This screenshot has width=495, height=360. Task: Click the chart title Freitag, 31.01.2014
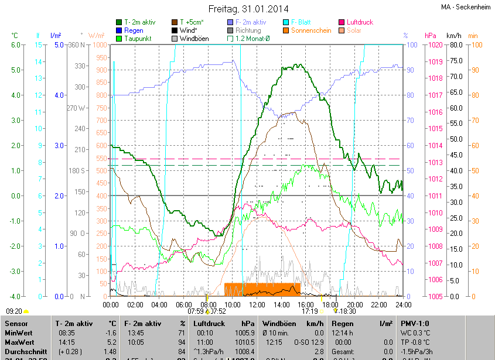pos(248,9)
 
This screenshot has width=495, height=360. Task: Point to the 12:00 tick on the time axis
pos(257,304)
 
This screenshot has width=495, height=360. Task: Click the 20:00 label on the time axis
pos(354,304)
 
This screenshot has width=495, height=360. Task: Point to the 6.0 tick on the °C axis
pos(16,44)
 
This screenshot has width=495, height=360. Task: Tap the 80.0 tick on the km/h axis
pos(455,44)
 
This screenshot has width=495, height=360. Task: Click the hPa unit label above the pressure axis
pos(430,35)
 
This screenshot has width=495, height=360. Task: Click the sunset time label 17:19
pos(309,311)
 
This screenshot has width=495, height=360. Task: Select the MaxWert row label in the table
pos(19,341)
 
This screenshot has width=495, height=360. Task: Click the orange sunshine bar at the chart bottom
pos(262,289)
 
